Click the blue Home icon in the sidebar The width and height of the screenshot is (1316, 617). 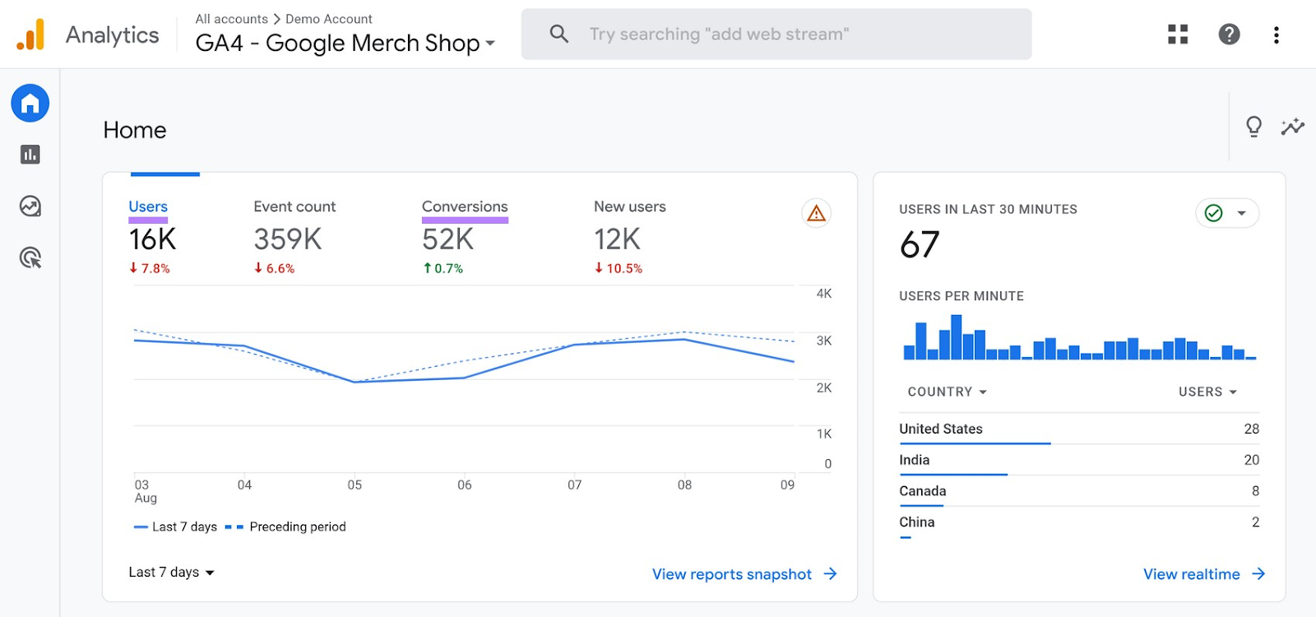30,104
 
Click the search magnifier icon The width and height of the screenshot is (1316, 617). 559,34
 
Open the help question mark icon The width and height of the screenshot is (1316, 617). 1229,34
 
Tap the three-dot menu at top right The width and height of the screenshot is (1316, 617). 1276,35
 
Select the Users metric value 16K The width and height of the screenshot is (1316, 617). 152,239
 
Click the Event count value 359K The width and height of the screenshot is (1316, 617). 288,239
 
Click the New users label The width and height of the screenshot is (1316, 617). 629,206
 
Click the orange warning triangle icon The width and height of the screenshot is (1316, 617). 816,213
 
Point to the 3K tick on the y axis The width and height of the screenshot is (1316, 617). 823,341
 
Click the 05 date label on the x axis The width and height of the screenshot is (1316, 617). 354,485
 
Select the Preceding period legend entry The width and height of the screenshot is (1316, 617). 297,527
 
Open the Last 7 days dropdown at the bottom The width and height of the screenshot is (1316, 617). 171,572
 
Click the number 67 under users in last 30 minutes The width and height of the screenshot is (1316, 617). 919,244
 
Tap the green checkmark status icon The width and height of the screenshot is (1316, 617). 1213,213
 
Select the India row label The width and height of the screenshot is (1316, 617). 914,460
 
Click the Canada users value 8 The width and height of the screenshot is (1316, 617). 1255,491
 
